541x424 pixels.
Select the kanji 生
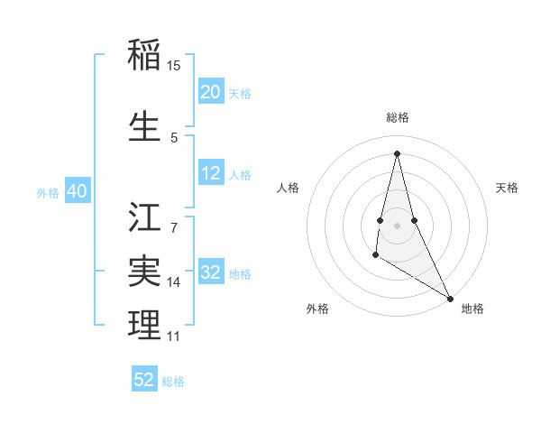(x=145, y=126)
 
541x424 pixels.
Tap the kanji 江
(x=145, y=217)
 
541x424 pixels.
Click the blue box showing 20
(x=211, y=92)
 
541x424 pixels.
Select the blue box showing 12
(x=211, y=173)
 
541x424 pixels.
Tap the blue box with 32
(x=211, y=273)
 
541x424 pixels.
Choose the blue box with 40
(x=78, y=191)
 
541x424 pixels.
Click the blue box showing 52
(x=144, y=380)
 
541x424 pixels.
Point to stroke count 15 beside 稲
(x=174, y=66)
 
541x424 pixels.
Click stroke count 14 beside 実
(x=174, y=282)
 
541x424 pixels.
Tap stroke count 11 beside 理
(x=174, y=336)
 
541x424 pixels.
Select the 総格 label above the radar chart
(x=397, y=117)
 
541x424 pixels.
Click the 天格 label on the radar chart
(x=507, y=188)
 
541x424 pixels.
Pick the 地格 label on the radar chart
(x=472, y=309)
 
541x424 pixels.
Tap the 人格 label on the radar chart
(x=289, y=188)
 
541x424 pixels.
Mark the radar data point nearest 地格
(x=451, y=298)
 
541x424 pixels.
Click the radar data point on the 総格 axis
(x=397, y=152)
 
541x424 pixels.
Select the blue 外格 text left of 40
(x=48, y=192)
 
